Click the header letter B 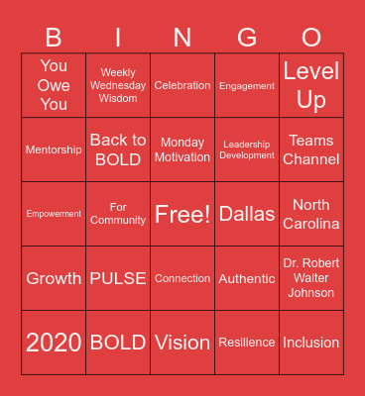tap(54, 38)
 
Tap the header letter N tap(182, 38)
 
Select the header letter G tap(247, 38)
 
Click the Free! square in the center tap(182, 214)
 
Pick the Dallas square tap(247, 214)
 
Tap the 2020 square tap(54, 343)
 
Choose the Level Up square tap(311, 85)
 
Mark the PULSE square tap(118, 278)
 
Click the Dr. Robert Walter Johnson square tap(311, 278)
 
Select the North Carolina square tap(311, 214)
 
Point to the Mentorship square tap(54, 150)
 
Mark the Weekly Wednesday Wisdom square tap(118, 85)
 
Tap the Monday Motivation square tap(182, 150)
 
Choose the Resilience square tap(247, 343)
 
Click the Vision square tap(182, 343)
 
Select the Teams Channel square tap(311, 150)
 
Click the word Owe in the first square tap(54, 85)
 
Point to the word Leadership tap(247, 145)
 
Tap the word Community tap(118, 220)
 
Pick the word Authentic tap(247, 278)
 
